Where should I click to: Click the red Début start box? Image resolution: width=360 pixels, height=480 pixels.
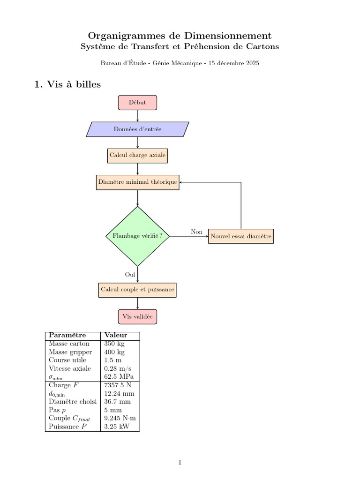pos(137,103)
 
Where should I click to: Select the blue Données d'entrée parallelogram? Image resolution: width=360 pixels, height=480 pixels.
pos(137,129)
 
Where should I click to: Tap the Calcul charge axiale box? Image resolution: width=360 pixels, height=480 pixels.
pos(137,156)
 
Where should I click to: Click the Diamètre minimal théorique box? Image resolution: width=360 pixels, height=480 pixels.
pos(137,182)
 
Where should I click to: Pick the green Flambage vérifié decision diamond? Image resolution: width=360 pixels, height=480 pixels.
pos(137,236)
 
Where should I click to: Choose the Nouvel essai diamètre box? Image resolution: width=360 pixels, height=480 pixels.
pos(241,236)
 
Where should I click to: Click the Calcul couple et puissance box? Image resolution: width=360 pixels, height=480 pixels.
pos(137,290)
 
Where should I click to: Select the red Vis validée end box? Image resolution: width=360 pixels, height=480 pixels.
pos(137,316)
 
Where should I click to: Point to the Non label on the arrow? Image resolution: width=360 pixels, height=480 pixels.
pos(197,232)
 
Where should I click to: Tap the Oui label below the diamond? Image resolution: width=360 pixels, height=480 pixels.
pos(130,274)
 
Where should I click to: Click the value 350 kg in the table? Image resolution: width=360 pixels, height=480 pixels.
pos(114,344)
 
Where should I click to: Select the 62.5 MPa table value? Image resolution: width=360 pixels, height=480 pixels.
pos(119,376)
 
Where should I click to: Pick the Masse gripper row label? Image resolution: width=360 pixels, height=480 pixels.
pos(70,352)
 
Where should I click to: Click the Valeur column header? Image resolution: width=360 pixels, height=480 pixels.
pos(116,335)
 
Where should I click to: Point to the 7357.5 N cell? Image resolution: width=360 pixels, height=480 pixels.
pos(118,385)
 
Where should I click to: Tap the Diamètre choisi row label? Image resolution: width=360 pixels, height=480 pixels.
pos(73,401)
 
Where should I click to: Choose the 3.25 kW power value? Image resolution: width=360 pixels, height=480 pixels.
pos(117,427)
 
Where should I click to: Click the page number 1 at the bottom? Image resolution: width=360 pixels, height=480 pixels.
pos(180,462)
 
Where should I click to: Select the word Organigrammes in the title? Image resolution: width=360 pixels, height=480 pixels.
pos(127,36)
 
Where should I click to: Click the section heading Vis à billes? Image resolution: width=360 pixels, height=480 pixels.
pos(74,84)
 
